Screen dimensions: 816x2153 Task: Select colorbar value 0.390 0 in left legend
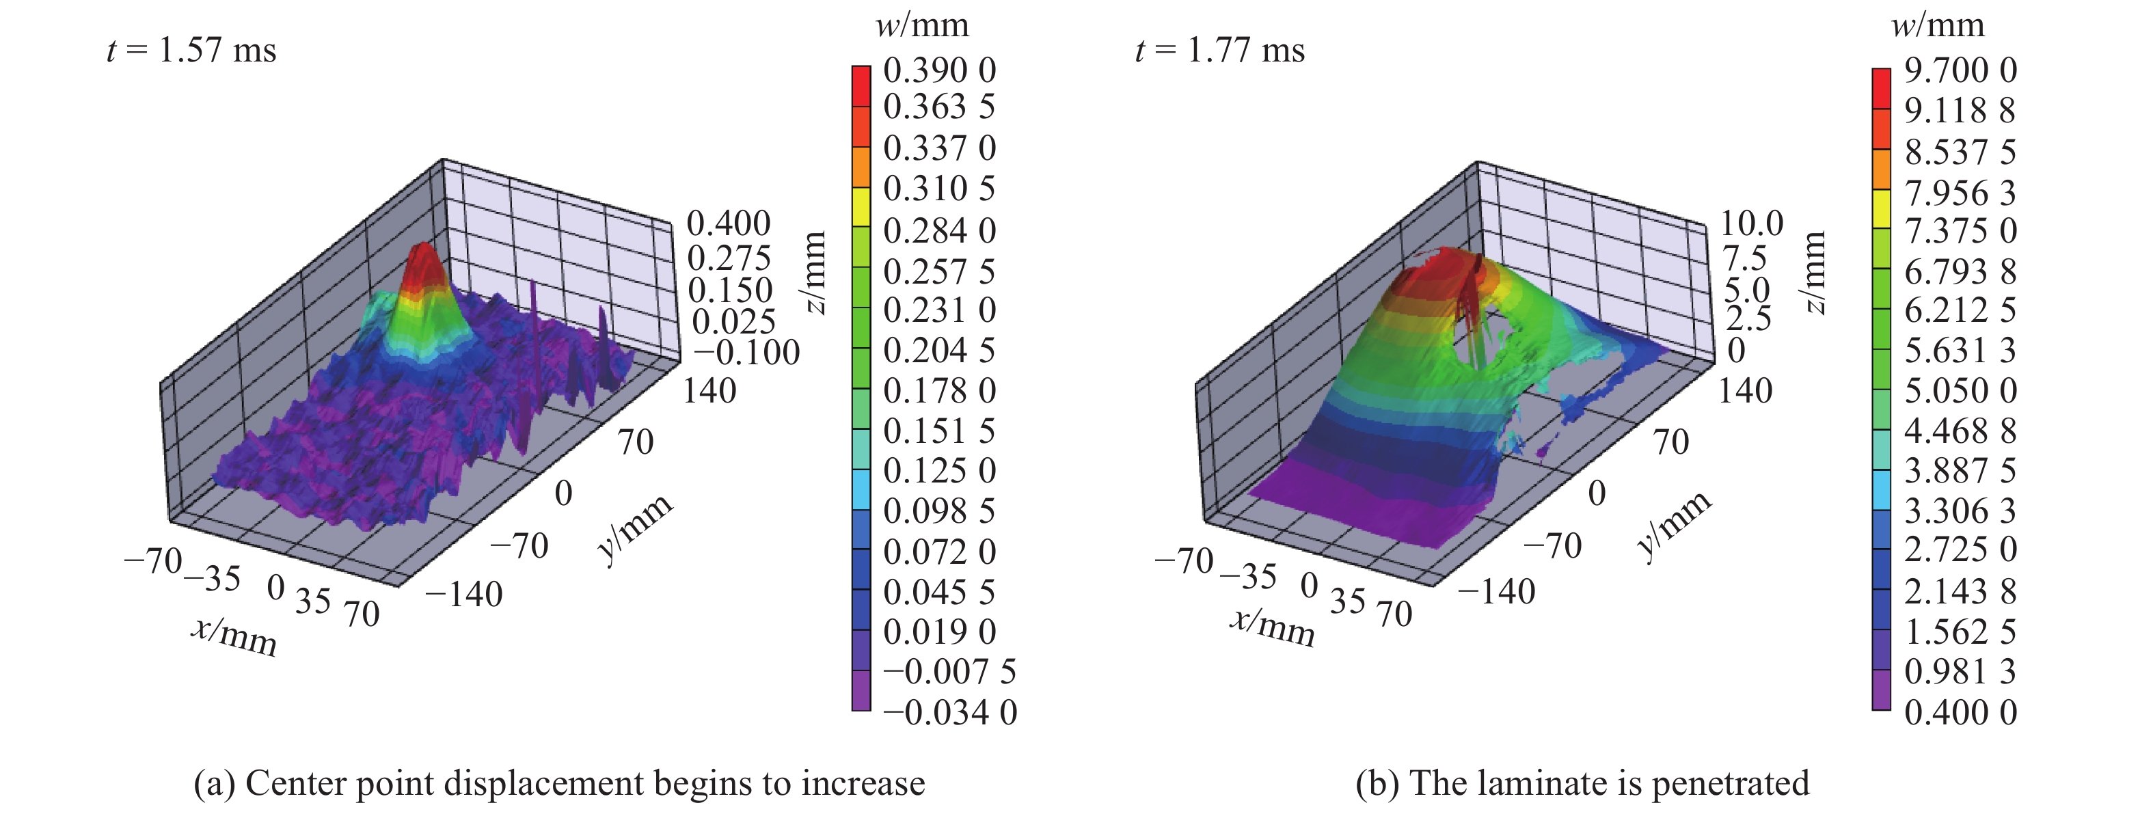click(939, 70)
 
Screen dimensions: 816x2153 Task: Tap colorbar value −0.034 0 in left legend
click(949, 712)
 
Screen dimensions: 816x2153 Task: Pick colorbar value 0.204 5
click(939, 351)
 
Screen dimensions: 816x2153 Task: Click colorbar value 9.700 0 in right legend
click(1960, 70)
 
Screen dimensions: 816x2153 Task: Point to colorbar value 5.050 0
click(1960, 390)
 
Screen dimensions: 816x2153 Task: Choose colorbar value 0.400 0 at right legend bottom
click(1960, 712)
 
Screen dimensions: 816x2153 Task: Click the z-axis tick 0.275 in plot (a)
click(729, 258)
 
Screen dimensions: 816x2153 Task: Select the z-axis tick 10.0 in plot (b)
click(1752, 223)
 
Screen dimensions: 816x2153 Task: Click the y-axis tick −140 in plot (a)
click(464, 595)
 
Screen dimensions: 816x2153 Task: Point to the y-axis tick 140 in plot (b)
click(1744, 390)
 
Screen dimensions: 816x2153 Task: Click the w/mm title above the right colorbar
click(1938, 25)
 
